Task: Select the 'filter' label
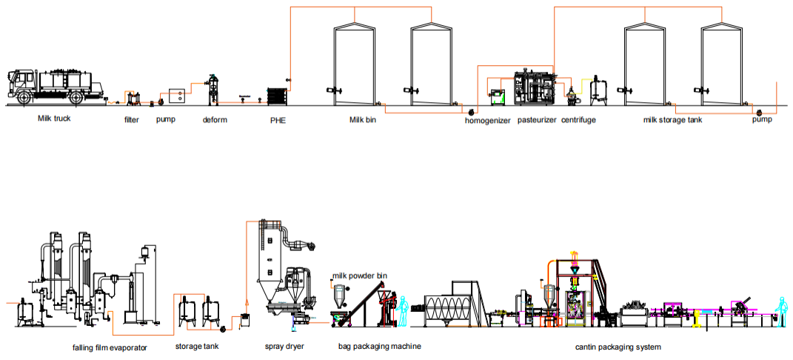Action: [x=131, y=119]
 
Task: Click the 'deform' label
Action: [x=215, y=119]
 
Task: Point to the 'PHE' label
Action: [x=278, y=119]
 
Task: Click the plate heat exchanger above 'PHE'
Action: [x=278, y=96]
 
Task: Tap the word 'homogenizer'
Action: [x=487, y=119]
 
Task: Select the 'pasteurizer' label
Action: [x=537, y=119]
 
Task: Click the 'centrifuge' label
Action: [x=578, y=119]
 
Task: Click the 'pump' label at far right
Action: [x=762, y=119]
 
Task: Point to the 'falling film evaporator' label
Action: [x=110, y=346]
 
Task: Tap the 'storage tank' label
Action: [x=196, y=346]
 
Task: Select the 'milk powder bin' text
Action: [x=360, y=276]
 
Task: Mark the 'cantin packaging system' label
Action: [x=618, y=346]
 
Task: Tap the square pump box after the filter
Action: [x=178, y=96]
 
